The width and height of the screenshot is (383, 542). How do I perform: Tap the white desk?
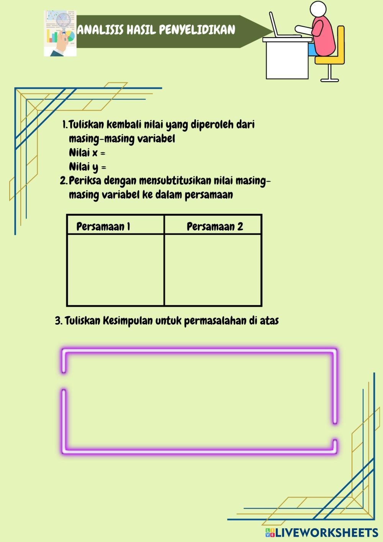coord(287,59)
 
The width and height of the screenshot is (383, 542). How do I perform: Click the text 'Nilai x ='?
coord(87,153)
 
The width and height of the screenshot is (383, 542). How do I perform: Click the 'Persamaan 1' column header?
coord(103,227)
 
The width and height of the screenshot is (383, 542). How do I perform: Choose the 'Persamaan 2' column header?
coord(215,227)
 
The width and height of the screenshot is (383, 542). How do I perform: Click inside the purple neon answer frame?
coord(199,401)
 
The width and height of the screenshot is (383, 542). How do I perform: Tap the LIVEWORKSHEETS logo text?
coord(326,532)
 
